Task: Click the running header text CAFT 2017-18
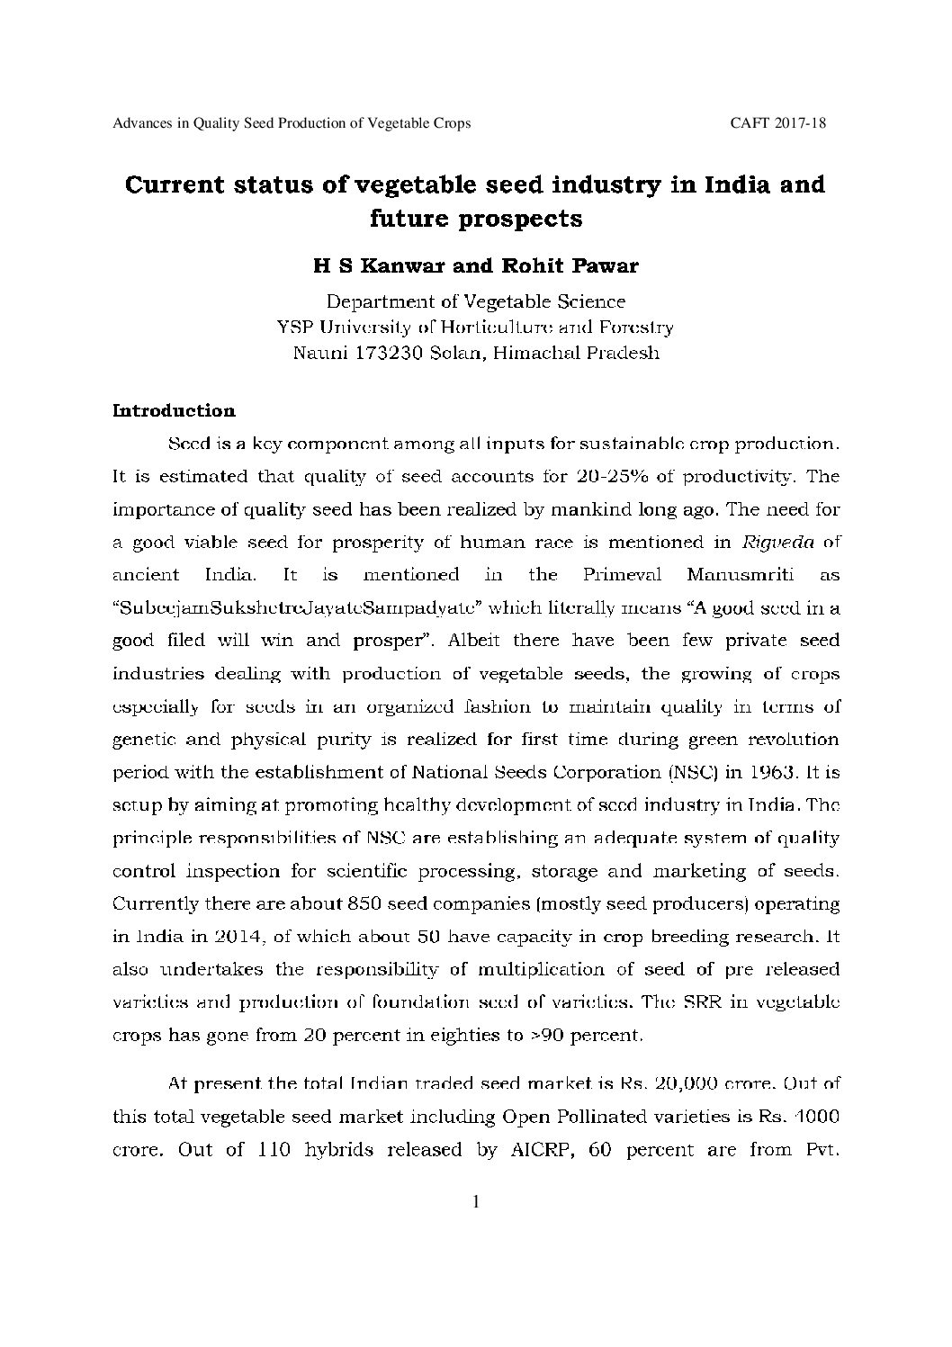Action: tap(778, 124)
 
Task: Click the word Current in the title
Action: tap(174, 185)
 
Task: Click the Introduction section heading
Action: tap(174, 411)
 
